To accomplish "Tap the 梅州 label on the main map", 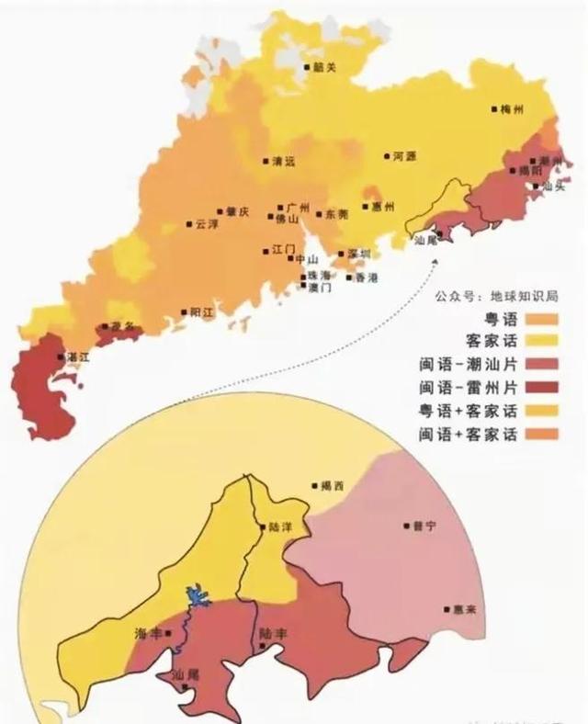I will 512,109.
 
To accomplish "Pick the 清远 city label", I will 284,162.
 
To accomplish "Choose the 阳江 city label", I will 201,312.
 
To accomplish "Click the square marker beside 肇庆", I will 220,211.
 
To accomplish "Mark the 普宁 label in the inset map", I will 424,526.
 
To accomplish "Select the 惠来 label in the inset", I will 464,609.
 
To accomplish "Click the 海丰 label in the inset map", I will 148,635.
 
